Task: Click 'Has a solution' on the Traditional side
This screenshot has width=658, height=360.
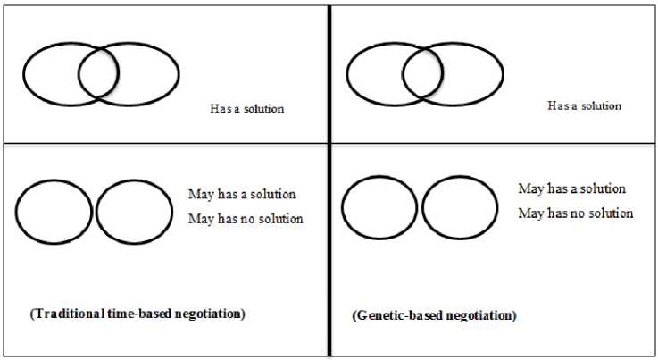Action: pos(246,109)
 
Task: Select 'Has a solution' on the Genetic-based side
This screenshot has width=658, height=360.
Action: pos(584,105)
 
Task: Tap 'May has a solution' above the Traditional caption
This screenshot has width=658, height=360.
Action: pos(241,194)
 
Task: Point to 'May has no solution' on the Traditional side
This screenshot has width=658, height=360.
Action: pos(246,219)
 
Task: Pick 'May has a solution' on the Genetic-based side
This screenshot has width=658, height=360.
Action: pos(571,188)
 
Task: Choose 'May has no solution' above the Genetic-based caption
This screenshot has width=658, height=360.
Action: pos(576,213)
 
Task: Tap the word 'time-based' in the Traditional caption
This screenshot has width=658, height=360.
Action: pos(141,314)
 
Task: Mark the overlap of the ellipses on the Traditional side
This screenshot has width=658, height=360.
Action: pos(98,73)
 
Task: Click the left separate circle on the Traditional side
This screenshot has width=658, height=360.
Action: pos(54,212)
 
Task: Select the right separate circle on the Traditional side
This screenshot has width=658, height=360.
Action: pos(135,213)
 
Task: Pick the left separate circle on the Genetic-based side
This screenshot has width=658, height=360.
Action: pos(379,208)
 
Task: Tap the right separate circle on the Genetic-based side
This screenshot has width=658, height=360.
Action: pos(460,208)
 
